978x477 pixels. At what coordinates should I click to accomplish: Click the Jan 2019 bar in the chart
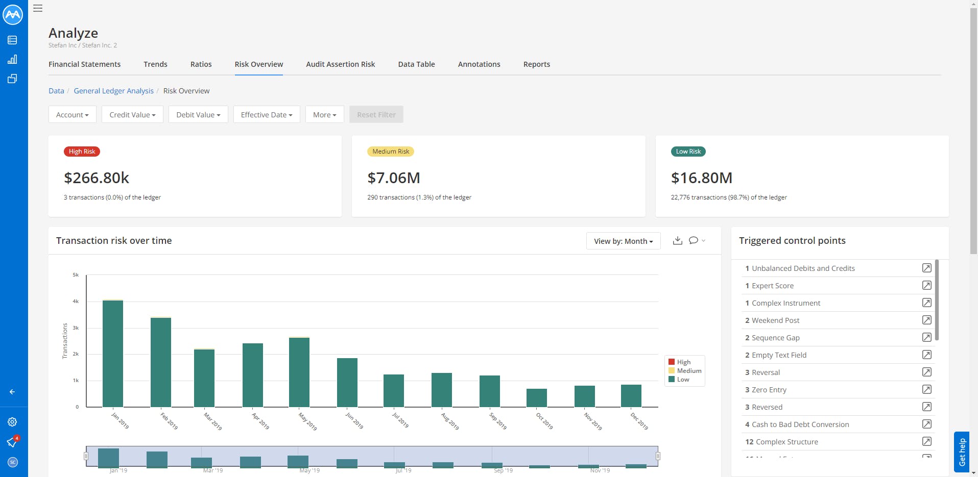[113, 353]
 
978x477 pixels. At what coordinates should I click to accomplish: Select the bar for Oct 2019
[537, 397]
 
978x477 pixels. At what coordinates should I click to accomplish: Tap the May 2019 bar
[299, 372]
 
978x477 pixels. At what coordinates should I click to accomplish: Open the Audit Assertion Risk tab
[341, 64]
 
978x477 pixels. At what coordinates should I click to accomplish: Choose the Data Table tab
[416, 64]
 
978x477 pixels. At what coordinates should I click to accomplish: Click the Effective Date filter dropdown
[267, 115]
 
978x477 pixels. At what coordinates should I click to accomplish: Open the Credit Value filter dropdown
[132, 115]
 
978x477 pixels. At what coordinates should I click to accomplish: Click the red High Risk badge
[82, 152]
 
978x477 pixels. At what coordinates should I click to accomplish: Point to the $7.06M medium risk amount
[394, 178]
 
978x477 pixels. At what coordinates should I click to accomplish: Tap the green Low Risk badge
[688, 152]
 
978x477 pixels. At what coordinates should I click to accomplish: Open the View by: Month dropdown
[623, 241]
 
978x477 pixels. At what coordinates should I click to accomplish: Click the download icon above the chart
[678, 240]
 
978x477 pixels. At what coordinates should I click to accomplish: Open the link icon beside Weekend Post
[926, 320]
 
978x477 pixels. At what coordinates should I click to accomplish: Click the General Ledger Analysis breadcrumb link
[113, 91]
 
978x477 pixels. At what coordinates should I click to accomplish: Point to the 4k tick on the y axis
[76, 302]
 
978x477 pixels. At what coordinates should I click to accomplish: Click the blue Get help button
[962, 451]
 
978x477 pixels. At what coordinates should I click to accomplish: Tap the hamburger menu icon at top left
[38, 8]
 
